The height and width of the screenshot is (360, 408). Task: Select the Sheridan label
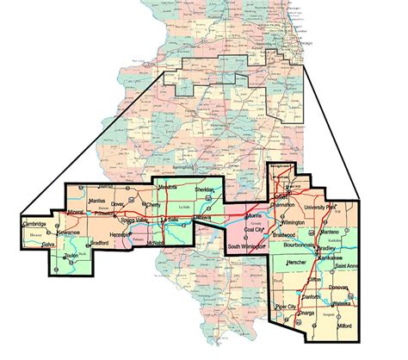204,189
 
